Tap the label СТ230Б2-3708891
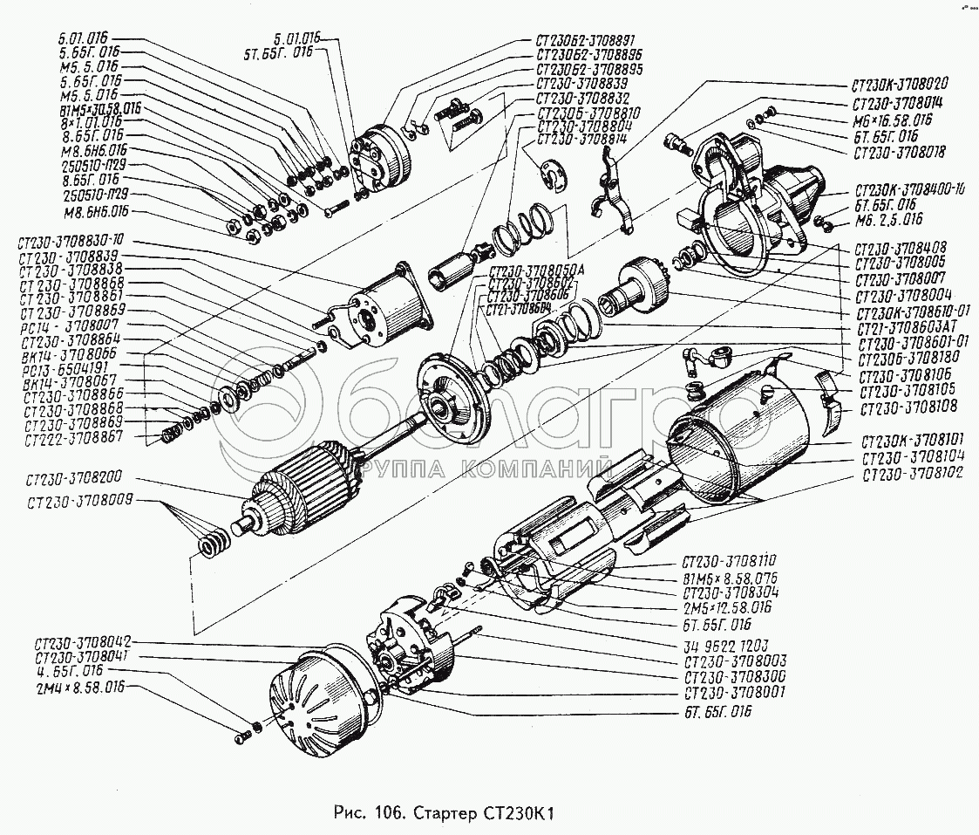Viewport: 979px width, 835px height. (586, 40)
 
